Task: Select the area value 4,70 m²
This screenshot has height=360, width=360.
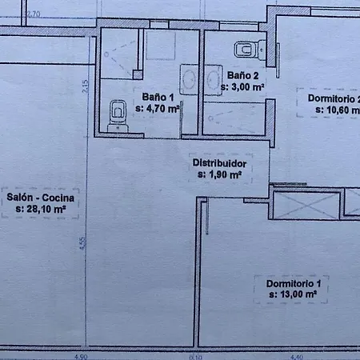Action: click(157, 109)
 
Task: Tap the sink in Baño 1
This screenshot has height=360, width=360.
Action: click(190, 79)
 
